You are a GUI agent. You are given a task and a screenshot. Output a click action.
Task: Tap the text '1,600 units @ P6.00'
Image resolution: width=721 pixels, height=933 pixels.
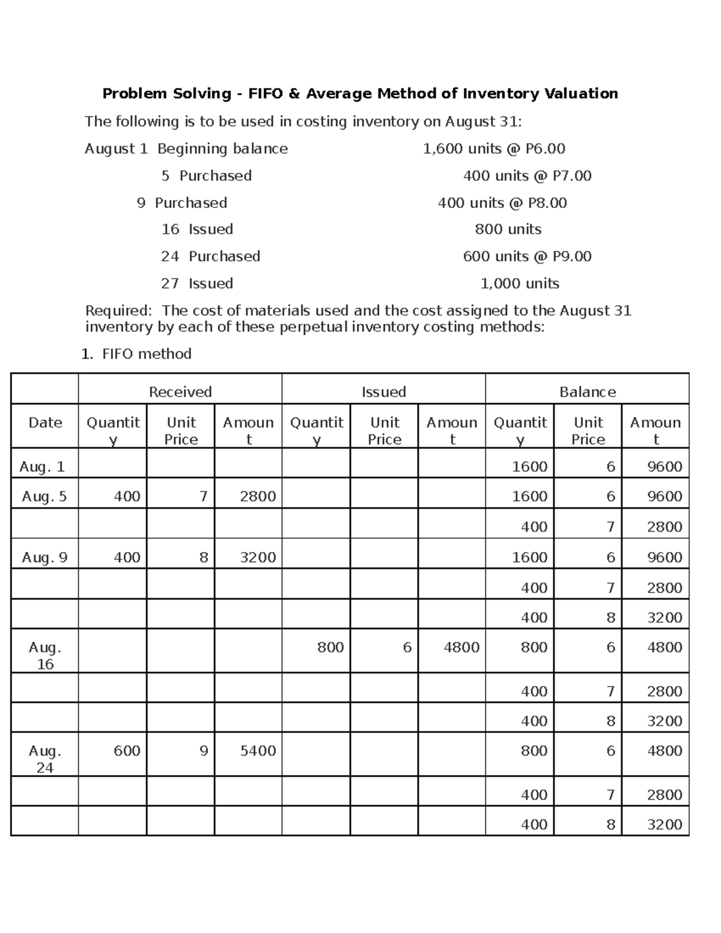[494, 149]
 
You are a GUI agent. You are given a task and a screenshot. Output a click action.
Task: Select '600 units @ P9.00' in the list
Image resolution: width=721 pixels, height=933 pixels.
[527, 257]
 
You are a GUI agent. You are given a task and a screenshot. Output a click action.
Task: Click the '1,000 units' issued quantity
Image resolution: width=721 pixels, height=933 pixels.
[520, 284]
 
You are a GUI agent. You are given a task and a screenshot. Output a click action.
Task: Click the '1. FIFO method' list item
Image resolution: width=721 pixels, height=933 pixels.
[136, 354]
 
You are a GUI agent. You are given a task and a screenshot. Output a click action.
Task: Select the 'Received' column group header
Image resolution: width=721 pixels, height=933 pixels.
[180, 392]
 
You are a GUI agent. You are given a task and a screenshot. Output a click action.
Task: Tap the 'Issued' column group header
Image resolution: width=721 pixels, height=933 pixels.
[383, 392]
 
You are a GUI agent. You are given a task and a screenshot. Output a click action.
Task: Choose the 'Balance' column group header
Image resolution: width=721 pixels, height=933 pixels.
[587, 392]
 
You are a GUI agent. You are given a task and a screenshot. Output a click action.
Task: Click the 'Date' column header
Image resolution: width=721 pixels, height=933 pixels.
[45, 423]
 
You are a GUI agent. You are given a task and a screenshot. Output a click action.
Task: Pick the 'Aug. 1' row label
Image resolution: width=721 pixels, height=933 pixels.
[42, 467]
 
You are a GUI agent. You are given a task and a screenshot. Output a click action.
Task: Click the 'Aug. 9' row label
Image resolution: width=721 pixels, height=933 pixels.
[44, 558]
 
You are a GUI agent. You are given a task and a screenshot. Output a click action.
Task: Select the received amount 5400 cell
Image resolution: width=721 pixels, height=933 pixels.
[258, 751]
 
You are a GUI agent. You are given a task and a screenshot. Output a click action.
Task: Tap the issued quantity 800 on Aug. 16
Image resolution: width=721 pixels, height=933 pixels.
[330, 647]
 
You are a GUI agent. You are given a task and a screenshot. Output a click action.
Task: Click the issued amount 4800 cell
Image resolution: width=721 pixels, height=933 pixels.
[461, 647]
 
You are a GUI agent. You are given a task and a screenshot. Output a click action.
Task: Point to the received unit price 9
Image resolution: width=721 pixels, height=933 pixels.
[204, 751]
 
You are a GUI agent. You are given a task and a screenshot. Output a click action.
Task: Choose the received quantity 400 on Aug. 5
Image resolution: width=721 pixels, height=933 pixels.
[127, 496]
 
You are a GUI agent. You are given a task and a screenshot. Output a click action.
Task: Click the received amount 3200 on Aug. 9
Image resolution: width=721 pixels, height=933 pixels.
[258, 558]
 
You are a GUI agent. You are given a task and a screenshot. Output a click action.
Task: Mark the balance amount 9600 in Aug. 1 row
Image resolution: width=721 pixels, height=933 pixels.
[664, 467]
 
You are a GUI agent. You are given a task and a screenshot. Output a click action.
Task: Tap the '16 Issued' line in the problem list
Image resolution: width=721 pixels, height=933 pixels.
[197, 229]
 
